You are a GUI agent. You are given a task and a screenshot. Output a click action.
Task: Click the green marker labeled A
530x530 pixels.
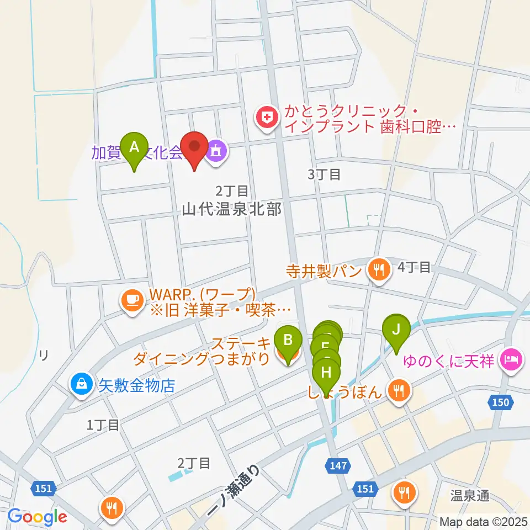134,148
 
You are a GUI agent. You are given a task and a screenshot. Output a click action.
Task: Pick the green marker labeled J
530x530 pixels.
396,330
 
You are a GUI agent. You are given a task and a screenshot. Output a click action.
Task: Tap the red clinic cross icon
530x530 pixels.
267,118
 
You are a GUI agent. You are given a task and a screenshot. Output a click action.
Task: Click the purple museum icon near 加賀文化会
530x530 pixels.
216,152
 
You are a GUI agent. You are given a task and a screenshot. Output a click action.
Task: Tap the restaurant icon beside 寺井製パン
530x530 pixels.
378,269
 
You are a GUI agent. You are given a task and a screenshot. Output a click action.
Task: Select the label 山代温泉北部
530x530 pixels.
232,209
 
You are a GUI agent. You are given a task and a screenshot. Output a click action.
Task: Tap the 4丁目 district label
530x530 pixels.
414,268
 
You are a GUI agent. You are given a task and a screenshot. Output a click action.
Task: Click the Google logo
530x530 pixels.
38,517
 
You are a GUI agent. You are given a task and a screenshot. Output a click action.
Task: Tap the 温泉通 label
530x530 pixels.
469,496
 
